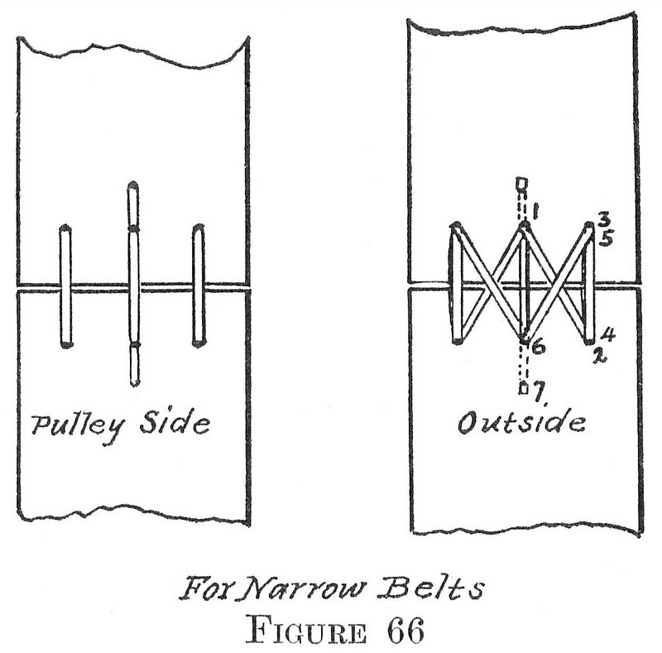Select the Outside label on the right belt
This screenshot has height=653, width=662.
click(522, 423)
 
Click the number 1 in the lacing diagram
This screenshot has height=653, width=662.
click(536, 213)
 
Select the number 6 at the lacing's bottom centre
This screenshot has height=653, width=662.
click(538, 348)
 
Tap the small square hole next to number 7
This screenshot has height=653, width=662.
click(522, 386)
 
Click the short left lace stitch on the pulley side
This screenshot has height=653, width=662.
click(65, 286)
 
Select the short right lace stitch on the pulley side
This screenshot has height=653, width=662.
click(198, 285)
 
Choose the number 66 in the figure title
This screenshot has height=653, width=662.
click(403, 631)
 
